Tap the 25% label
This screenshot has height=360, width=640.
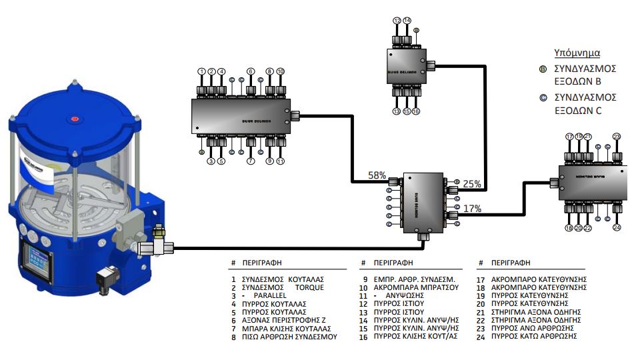tap(471, 183)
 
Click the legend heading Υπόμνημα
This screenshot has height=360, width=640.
tap(577, 53)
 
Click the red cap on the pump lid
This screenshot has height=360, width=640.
tap(75, 120)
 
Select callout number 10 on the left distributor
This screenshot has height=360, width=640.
tap(280, 71)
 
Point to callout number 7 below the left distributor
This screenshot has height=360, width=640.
tap(251, 161)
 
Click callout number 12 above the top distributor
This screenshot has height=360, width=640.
tap(397, 21)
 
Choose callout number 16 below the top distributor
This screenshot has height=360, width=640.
tap(416, 111)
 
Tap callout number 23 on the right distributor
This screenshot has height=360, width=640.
tap(617, 137)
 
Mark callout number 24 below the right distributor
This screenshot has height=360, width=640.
tap(617, 228)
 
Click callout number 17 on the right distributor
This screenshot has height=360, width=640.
tap(569, 137)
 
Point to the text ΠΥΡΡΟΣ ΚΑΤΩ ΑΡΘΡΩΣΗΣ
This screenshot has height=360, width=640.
tap(534, 336)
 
